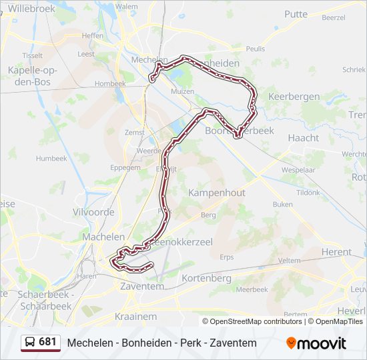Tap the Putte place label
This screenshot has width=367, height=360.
296,14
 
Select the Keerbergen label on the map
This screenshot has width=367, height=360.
294,97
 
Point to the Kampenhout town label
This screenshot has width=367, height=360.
217,193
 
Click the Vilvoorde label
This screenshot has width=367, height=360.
93,212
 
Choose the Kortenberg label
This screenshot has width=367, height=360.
206,278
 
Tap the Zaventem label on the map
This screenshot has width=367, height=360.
141,286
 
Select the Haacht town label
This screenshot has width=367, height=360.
303,138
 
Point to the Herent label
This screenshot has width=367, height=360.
336,252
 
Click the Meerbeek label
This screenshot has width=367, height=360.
252,289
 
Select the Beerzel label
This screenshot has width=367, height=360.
333,18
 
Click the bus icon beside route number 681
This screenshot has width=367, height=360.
29,343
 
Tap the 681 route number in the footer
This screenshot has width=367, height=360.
47,343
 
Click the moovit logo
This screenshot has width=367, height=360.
316,343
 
